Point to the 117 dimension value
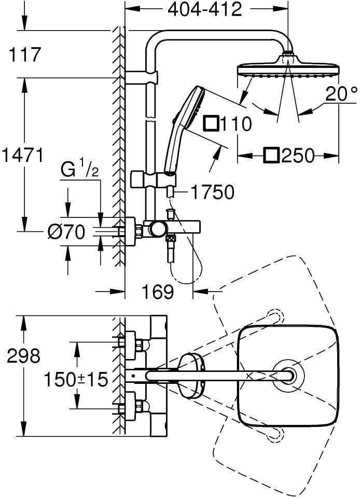25,54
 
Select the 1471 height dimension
22,155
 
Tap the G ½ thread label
79,170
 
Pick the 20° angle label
341,94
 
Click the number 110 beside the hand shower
235,123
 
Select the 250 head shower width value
298,156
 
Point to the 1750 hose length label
212,192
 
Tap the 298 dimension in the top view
24,356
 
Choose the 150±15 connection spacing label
76,380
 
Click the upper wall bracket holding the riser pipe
142,77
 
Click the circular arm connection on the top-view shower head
289,376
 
